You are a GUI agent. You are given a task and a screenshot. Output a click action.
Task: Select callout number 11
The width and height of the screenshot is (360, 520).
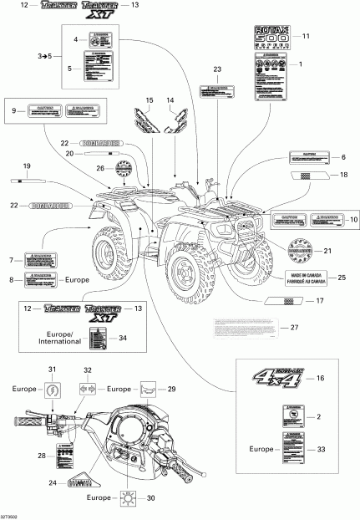tap(306, 37)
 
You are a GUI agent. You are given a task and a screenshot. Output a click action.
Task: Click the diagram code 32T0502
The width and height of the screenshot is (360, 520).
tap(13, 515)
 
